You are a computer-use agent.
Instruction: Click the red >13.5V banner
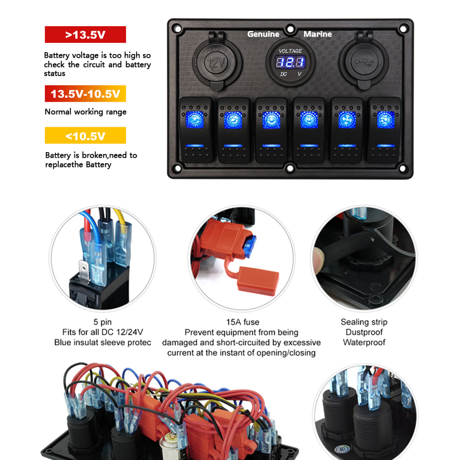pos(85,34)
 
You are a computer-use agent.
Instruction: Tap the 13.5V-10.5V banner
pos(85,94)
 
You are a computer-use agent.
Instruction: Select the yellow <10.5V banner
pos(85,135)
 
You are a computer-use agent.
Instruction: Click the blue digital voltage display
pos(290,62)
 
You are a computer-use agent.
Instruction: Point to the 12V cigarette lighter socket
pos(217,62)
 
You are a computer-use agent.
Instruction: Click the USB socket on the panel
pos(364,61)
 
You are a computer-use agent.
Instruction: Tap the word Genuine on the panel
pos(263,34)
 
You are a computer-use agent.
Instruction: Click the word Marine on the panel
pos(318,34)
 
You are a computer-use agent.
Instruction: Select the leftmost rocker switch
pos(196,130)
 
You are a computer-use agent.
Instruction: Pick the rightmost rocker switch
pos(385,130)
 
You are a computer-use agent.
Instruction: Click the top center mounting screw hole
pos(290,29)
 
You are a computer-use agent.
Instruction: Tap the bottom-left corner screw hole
pos(178,168)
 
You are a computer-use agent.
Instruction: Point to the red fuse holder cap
pos(258,281)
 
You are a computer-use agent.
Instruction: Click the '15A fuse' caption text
pos(242,322)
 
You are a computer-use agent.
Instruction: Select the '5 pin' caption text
pos(103,322)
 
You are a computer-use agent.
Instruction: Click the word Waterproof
pos(364,343)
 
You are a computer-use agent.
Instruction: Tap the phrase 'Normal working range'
pos(86,112)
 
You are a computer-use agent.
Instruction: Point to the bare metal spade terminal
pos(84,270)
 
